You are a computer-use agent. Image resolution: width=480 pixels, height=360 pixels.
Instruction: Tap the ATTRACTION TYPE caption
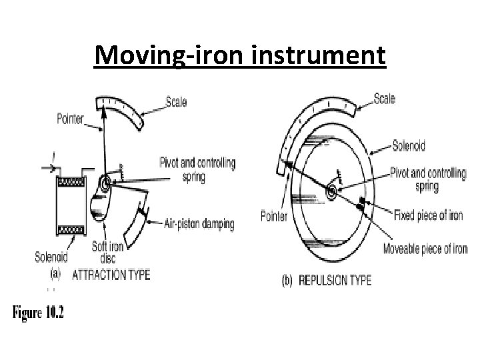pyautogui.click(x=111, y=274)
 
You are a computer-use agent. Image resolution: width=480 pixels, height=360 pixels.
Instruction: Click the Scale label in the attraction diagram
pyautogui.click(x=176, y=102)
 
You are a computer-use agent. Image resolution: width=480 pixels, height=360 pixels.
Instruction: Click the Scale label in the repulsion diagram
pyautogui.click(x=384, y=99)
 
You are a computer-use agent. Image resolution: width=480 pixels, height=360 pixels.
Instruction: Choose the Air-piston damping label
pyautogui.click(x=199, y=225)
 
